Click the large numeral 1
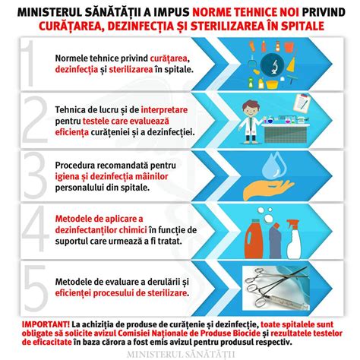click(x=28, y=65)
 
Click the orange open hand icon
click(x=273, y=185)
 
